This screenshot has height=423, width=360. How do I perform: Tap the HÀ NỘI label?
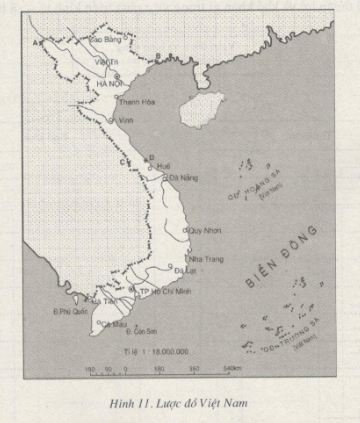[x=108, y=83]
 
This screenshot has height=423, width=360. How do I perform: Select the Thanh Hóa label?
[x=134, y=102]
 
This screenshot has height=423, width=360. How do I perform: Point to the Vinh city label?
[x=126, y=120]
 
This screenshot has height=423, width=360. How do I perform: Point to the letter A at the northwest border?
[x=37, y=43]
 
